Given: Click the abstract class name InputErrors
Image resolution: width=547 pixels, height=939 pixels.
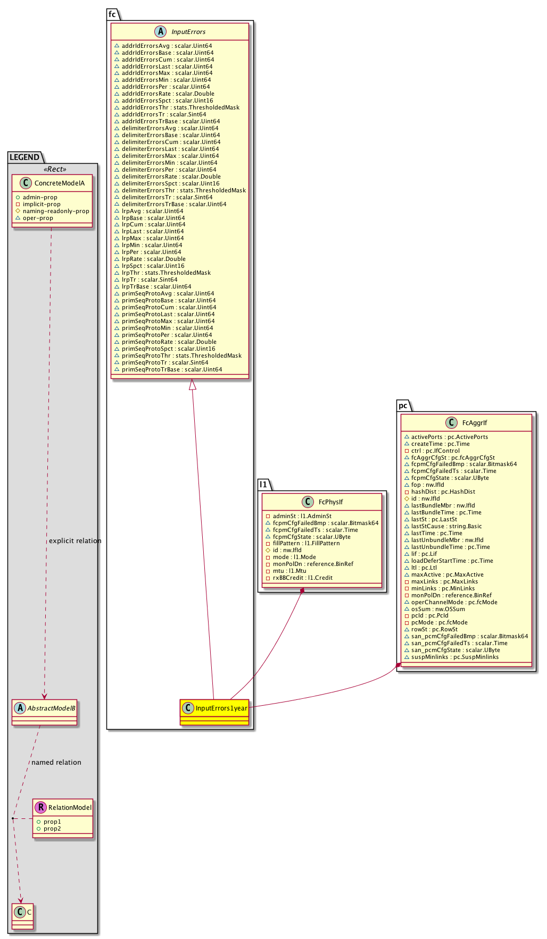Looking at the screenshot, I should [188, 32].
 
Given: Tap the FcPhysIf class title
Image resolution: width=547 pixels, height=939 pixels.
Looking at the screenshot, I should [330, 502].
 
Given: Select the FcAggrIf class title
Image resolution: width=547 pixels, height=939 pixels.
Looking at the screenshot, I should [475, 423].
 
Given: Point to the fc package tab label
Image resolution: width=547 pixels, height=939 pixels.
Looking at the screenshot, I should [112, 14].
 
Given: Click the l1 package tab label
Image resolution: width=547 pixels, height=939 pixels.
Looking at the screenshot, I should [263, 485].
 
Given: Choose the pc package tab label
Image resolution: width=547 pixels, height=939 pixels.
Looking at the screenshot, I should [403, 405].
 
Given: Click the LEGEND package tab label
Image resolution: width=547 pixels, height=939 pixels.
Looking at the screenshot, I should [24, 157].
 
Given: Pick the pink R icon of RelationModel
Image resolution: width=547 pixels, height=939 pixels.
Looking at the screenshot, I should [40, 808].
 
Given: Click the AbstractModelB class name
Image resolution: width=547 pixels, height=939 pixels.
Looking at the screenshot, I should [52, 708].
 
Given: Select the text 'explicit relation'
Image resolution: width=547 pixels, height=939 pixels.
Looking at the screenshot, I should [75, 541].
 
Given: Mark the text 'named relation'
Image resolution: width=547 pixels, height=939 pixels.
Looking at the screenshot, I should [56, 763].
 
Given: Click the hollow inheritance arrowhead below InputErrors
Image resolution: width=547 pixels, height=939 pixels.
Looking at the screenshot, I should [193, 384].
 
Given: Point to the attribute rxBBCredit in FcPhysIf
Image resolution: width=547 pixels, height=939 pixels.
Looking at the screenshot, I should [302, 578].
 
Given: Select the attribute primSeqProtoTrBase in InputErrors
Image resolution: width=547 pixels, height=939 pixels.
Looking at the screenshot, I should [171, 370].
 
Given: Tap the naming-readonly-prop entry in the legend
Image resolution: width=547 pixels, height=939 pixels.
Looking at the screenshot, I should [56, 211].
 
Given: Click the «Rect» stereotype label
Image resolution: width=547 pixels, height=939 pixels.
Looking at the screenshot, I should [55, 170].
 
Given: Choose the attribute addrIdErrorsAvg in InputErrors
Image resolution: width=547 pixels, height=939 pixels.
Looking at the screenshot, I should [167, 46].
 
